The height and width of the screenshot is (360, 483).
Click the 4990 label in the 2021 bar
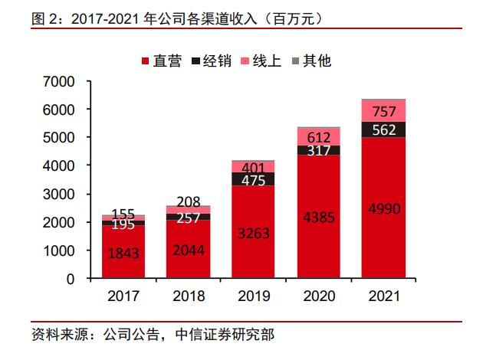[383, 208]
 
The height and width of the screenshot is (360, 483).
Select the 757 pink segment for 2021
[383, 111]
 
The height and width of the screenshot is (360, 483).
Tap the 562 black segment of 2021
[383, 129]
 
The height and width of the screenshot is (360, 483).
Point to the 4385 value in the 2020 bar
[317, 218]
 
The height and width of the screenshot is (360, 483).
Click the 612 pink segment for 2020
[317, 136]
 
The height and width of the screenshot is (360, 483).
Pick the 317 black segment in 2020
[317, 150]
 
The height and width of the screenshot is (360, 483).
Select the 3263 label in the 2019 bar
[253, 233]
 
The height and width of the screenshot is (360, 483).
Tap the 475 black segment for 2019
[253, 179]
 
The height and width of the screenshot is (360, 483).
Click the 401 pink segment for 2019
[253, 166]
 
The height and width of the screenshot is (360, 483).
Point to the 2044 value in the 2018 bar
[188, 250]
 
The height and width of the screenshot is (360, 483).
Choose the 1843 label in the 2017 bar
[123, 252]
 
